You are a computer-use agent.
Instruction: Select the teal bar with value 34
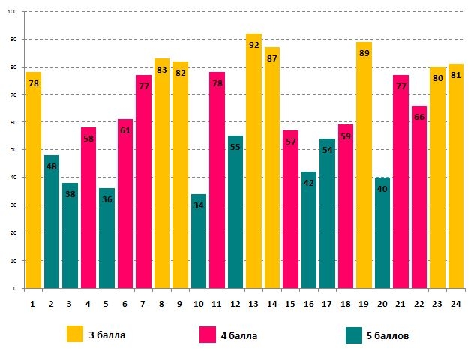(199, 241)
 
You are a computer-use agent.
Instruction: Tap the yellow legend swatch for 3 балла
(75, 334)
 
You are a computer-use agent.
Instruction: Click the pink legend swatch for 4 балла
(208, 334)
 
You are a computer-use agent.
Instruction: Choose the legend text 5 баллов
(388, 335)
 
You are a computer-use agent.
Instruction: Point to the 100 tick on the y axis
(15, 12)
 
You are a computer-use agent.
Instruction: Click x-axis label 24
(455, 303)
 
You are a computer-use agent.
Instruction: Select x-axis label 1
(33, 303)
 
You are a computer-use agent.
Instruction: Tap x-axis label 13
(253, 303)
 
